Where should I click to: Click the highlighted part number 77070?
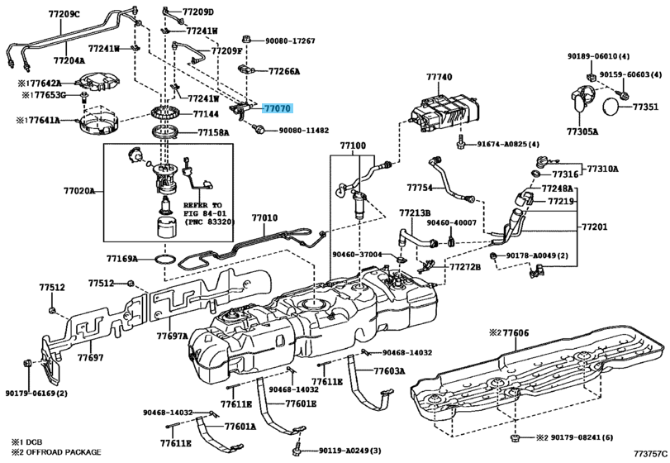coord(278,107)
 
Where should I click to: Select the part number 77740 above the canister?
coord(440,77)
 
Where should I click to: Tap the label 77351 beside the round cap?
coord(646,107)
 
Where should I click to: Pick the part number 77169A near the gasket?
coord(122,259)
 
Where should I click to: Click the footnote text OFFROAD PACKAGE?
coord(63,452)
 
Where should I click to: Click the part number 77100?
coord(353,145)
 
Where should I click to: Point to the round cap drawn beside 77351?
coord(609,107)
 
